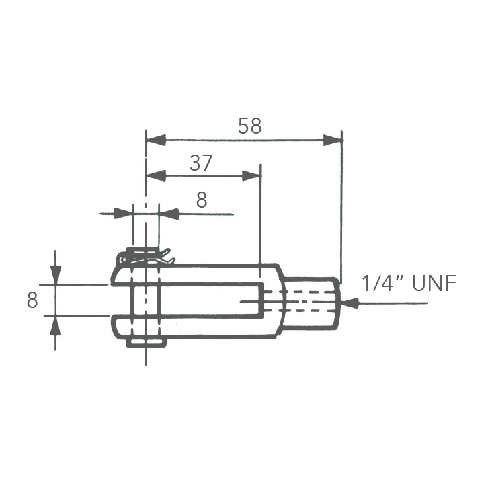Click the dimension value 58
pyautogui.click(x=249, y=126)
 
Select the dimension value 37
pyautogui.click(x=200, y=163)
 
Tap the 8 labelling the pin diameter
pyautogui.click(x=201, y=200)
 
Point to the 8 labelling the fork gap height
pyautogui.click(x=32, y=300)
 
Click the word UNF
pyautogui.click(x=434, y=283)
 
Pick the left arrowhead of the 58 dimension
pyautogui.click(x=156, y=140)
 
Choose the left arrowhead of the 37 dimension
pyautogui.click(x=156, y=176)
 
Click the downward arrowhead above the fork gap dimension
pyautogui.click(x=55, y=274)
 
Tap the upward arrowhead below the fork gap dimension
pyautogui.click(x=55, y=325)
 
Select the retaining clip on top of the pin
pyautogui.click(x=145, y=255)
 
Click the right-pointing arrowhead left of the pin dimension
pyautogui.click(x=122, y=214)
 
